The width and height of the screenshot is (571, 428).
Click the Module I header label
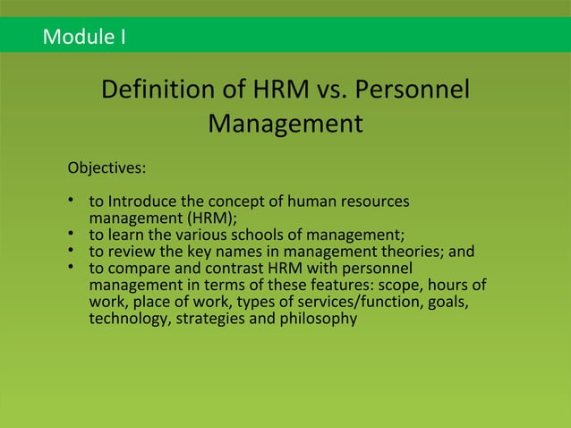(85, 38)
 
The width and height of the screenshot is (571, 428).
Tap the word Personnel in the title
(413, 91)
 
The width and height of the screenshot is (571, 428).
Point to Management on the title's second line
(285, 124)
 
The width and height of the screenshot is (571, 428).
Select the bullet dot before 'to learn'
(72, 235)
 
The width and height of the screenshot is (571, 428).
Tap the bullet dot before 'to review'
(72, 252)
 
